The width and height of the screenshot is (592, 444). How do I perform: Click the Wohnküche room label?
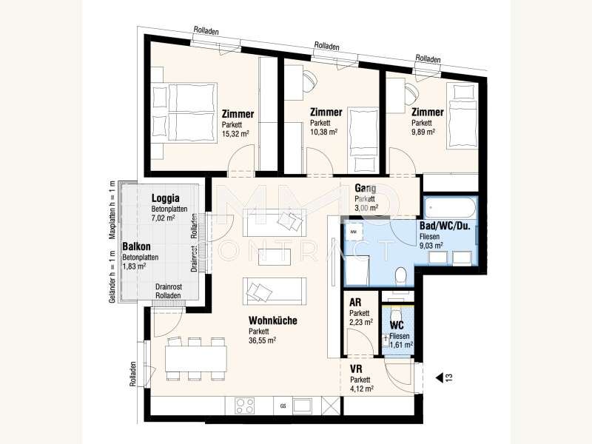tap(272, 320)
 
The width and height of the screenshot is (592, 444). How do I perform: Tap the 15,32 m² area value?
tap(235, 134)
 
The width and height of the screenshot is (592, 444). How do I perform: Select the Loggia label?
tap(165, 198)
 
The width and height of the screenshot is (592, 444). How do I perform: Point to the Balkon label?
tap(136, 246)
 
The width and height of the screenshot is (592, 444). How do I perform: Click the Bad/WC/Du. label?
tap(445, 226)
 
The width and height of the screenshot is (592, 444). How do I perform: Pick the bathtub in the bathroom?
tap(450, 207)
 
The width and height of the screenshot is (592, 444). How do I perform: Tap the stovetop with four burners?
tap(245, 406)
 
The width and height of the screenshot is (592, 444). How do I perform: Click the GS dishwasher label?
tap(283, 406)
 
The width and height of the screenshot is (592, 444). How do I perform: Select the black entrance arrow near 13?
tap(439, 377)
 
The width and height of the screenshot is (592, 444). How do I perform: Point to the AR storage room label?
tap(355, 303)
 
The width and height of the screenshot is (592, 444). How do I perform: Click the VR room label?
tap(356, 369)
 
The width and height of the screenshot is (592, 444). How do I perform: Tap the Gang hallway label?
tap(365, 188)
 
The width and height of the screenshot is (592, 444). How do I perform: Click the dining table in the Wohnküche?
tap(196, 359)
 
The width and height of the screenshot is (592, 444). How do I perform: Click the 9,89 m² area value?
tap(423, 132)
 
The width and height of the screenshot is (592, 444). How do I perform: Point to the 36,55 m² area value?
tap(262, 340)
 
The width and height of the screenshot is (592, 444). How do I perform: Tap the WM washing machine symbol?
tap(354, 231)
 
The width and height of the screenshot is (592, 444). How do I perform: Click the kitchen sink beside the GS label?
tap(302, 406)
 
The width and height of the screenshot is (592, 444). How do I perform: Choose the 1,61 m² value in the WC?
tap(401, 345)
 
